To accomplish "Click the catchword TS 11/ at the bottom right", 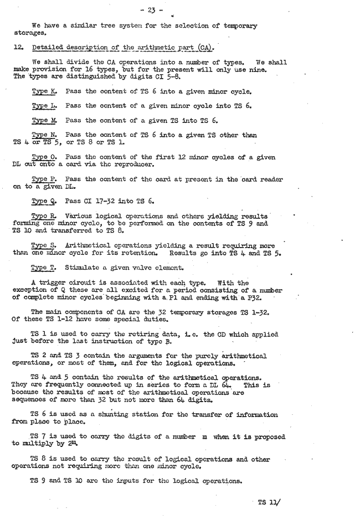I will [x=270, y=503].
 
